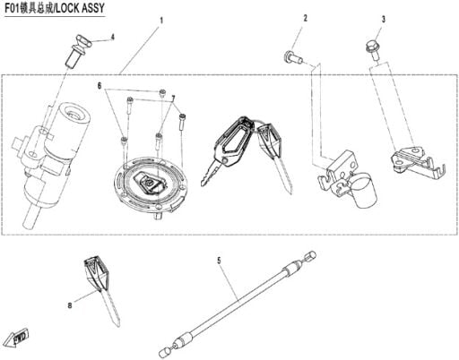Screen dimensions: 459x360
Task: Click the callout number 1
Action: (161, 21)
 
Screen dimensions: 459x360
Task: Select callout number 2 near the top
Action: (305, 18)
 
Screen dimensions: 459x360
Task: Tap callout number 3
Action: (384, 20)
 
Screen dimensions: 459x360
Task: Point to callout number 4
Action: (112, 38)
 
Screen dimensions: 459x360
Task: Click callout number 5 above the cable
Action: (219, 261)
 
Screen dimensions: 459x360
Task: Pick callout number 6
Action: (100, 86)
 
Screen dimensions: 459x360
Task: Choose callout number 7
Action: (173, 98)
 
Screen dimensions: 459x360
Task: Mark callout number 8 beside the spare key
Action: (70, 305)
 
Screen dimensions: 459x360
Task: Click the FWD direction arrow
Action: (18, 338)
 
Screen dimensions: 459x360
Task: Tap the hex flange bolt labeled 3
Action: (372, 49)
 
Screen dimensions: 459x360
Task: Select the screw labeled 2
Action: (292, 57)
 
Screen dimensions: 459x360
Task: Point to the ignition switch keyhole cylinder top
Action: (75, 114)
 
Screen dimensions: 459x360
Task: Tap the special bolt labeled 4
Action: (78, 50)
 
